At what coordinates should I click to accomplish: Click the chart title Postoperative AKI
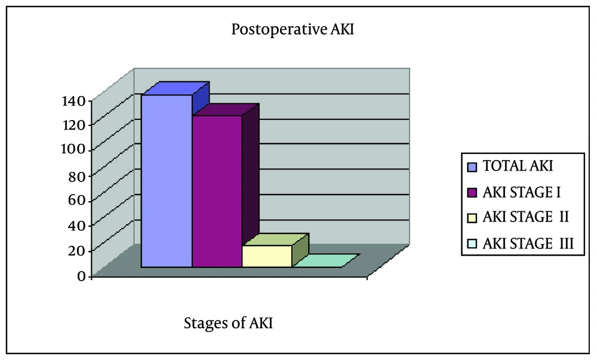[293, 29]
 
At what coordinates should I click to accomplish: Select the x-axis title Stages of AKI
[229, 323]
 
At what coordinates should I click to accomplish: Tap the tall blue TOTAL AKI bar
[167, 181]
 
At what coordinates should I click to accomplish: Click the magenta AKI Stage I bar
[217, 191]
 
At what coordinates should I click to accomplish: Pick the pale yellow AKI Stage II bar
[267, 256]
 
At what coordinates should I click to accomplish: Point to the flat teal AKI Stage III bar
[326, 261]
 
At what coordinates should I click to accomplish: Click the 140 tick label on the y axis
[73, 101]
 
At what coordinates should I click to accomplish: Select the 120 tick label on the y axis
[73, 125]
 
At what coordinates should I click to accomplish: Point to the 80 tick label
[77, 176]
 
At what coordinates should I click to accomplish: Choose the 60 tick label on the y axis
[77, 200]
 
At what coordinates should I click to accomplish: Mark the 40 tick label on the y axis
[77, 225]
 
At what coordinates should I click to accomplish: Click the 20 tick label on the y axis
[77, 250]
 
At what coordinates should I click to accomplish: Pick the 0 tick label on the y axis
[81, 276]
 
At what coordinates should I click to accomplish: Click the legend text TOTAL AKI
[518, 166]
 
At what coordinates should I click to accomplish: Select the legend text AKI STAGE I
[522, 193]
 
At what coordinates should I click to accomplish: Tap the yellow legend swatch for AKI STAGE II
[472, 218]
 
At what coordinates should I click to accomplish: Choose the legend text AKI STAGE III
[528, 244]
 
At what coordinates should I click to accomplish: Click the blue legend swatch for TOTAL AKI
[472, 167]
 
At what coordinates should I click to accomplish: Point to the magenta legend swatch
[472, 193]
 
